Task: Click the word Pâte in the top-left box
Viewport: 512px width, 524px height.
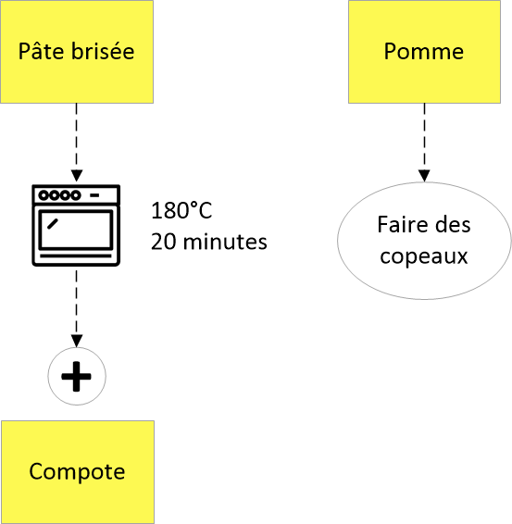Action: click(x=41, y=51)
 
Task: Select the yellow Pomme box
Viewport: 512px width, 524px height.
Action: click(x=424, y=52)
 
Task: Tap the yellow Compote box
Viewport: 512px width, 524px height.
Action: click(x=78, y=472)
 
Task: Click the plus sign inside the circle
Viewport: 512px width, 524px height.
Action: click(x=77, y=376)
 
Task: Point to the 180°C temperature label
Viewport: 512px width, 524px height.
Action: click(x=181, y=210)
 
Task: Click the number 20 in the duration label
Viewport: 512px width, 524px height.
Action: click(x=164, y=242)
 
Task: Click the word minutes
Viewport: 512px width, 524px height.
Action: click(x=225, y=242)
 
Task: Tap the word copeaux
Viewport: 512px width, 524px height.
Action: click(x=424, y=256)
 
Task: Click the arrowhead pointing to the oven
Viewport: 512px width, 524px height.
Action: click(x=77, y=176)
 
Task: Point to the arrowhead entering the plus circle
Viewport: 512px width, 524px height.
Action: click(x=77, y=341)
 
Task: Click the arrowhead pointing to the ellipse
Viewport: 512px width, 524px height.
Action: click(x=424, y=176)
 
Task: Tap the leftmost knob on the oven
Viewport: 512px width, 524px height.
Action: click(x=44, y=194)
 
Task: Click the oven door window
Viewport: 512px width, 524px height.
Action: click(x=76, y=231)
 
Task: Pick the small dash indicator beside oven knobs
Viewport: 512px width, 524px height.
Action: click(x=95, y=195)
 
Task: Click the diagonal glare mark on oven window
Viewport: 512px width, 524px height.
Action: click(x=53, y=224)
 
